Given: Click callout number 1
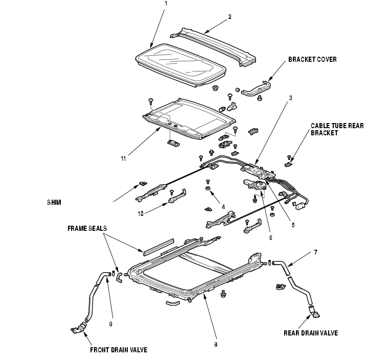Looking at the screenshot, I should click(x=166, y=4).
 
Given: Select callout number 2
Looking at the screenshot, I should click(x=229, y=16).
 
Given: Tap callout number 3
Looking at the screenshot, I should click(x=290, y=97).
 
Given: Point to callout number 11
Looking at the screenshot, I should click(x=123, y=159).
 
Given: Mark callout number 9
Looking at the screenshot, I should click(x=110, y=323).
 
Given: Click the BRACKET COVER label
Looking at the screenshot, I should click(x=312, y=59).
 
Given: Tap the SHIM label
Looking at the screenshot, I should click(x=53, y=202).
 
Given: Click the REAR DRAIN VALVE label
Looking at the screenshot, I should click(x=311, y=333).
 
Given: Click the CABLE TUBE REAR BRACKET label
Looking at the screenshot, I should click(x=337, y=129).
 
